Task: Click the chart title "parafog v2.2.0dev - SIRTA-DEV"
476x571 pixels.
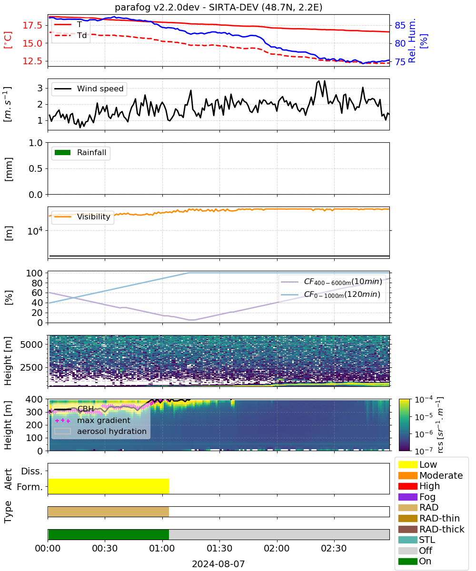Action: tap(186, 7)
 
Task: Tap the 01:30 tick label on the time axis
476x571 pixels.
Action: tap(219, 548)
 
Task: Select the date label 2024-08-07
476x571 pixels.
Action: tap(218, 564)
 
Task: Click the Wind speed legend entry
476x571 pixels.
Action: tap(89, 89)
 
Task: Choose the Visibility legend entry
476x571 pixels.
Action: tap(82, 217)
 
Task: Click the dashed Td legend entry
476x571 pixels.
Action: tap(70, 35)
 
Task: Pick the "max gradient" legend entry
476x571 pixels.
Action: tap(93, 420)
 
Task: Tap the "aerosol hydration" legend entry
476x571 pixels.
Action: tap(100, 431)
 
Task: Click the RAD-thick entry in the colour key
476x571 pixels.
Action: tap(431, 529)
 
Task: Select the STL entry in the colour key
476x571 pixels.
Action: tap(416, 540)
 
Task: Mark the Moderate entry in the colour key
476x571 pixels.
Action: tap(430, 475)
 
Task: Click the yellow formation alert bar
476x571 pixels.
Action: tap(109, 486)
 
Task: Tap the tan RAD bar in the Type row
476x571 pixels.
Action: tap(109, 512)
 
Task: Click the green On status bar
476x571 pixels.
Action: tap(109, 534)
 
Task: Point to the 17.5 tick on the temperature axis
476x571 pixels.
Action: tap(32, 25)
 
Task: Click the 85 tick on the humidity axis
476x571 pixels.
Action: tap(400, 25)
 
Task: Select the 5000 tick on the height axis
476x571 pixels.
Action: tap(31, 345)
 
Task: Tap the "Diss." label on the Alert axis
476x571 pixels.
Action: tap(32, 471)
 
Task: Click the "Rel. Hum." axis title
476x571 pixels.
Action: tap(412, 40)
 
